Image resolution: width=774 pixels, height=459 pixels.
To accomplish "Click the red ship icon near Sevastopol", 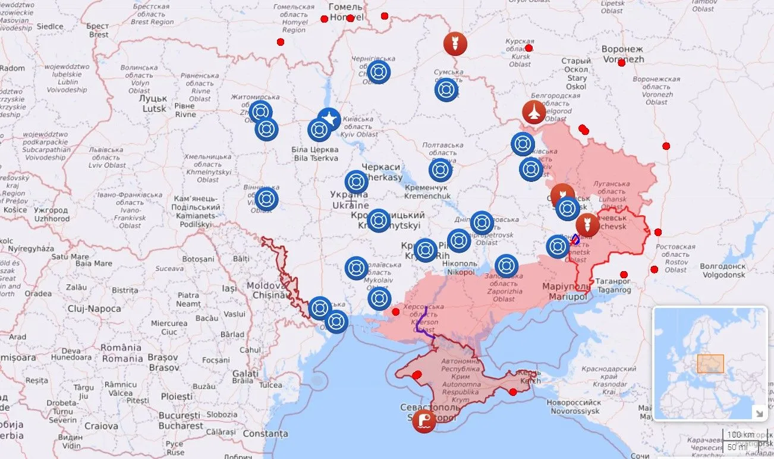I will point(424,421).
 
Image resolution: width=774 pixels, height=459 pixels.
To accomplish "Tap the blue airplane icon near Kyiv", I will point(329,120).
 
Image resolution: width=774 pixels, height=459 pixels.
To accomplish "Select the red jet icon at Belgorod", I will point(534,112).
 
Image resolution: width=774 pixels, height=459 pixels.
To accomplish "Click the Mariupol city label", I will point(567,291).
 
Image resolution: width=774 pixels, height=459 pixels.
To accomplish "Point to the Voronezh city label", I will point(622,54).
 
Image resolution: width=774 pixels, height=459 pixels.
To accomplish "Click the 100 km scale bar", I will point(740,435).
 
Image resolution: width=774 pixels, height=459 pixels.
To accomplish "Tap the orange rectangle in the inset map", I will point(710,363).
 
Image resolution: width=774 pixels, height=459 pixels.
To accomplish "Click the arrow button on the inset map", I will point(759,412).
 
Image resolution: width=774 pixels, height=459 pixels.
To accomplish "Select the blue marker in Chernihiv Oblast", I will point(379,72).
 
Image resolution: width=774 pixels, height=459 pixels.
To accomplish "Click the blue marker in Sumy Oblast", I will point(446,90).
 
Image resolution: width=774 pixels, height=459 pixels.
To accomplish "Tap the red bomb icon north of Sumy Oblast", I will point(455,44).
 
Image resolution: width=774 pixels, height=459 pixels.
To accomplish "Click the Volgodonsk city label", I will point(723,271).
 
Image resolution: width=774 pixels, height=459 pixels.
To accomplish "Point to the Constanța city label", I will point(265,433).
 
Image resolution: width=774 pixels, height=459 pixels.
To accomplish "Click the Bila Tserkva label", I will point(315,154).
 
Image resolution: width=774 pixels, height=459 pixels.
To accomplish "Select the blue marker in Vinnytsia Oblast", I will point(266,199).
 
